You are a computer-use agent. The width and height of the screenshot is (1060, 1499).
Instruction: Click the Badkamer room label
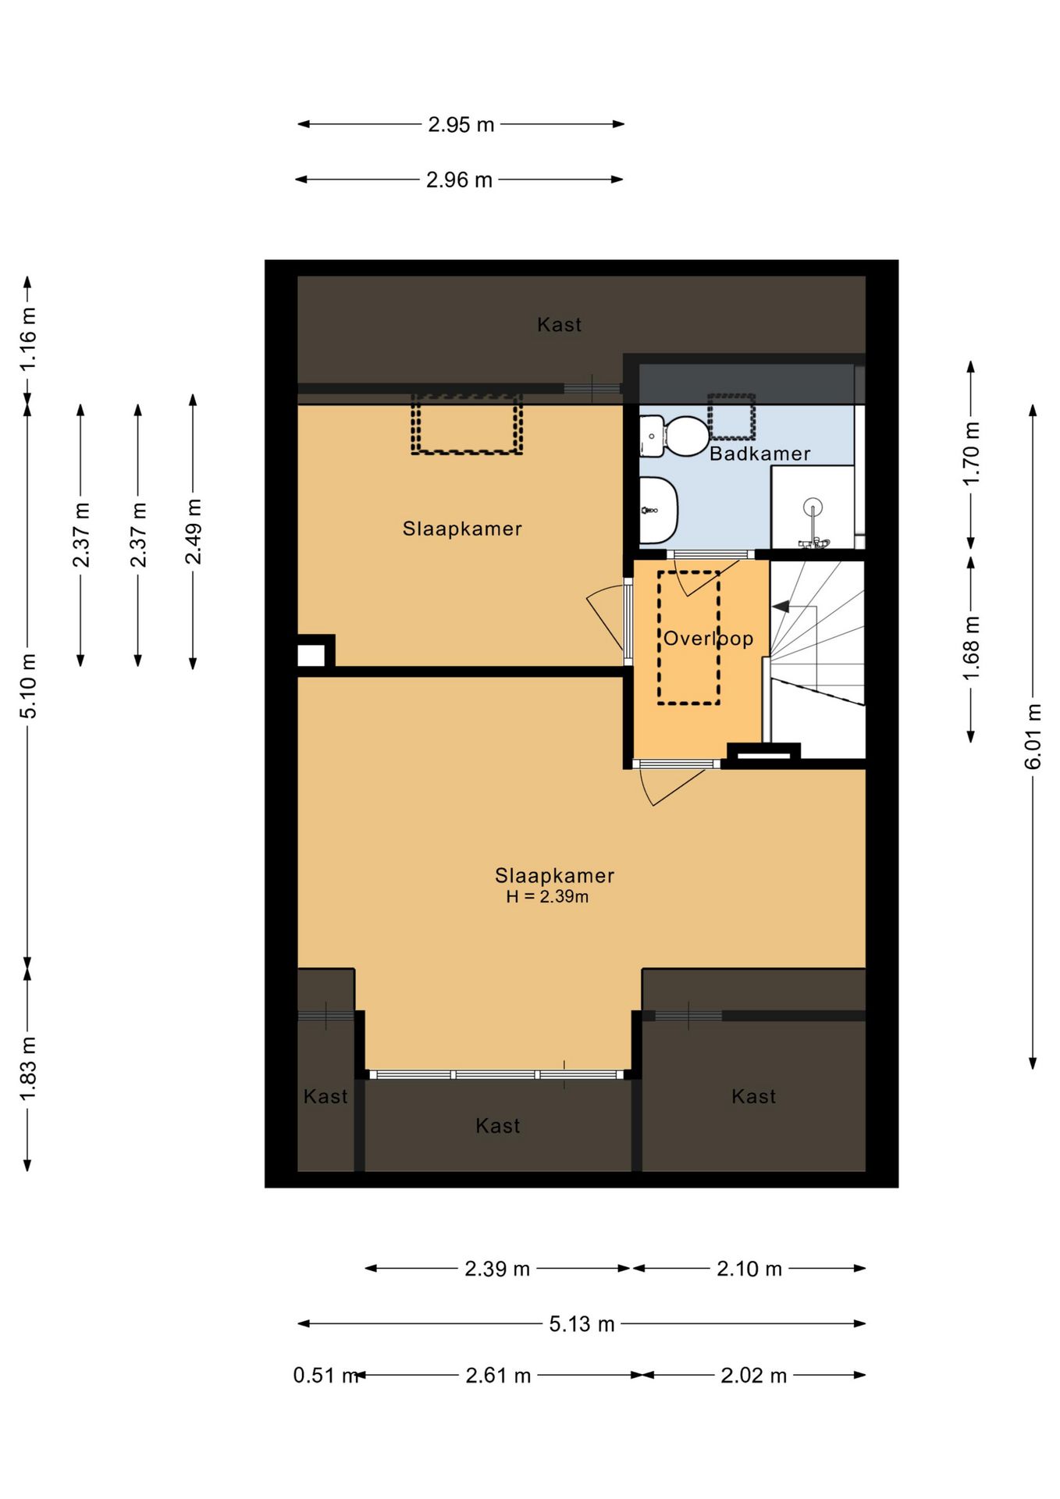pos(759,454)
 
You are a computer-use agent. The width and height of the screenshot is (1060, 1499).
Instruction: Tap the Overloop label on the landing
pos(708,639)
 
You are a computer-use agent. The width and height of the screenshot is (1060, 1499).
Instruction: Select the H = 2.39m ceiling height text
pos(547,896)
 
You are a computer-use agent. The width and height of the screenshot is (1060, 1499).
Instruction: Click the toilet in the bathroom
pos(674,436)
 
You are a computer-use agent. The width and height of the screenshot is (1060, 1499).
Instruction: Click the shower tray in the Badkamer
pos(813,507)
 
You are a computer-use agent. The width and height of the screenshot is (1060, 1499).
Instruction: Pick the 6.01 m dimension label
pos(1033,736)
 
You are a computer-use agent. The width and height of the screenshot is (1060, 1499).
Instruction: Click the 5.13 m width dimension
pos(582,1323)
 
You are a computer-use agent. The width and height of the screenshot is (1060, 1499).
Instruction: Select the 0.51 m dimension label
pos(325,1375)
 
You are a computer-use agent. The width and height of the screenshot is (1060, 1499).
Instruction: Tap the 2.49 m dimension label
pos(193,531)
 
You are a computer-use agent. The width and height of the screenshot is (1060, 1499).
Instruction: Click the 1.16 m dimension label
pos(27,339)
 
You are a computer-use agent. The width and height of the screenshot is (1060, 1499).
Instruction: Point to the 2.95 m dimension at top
pos(461,124)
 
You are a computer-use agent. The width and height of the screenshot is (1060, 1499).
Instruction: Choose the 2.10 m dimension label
pos(749,1269)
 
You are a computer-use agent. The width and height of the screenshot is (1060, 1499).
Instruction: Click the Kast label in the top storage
pos(559,325)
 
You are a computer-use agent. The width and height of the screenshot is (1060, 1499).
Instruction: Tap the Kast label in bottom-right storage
pos(753,1096)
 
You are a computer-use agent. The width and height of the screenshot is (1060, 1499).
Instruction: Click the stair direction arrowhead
pos(781,607)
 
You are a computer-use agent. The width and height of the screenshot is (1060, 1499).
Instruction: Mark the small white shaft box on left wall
pos(311,655)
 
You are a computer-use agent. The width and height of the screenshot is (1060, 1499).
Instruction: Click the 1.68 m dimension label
pos(970,648)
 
